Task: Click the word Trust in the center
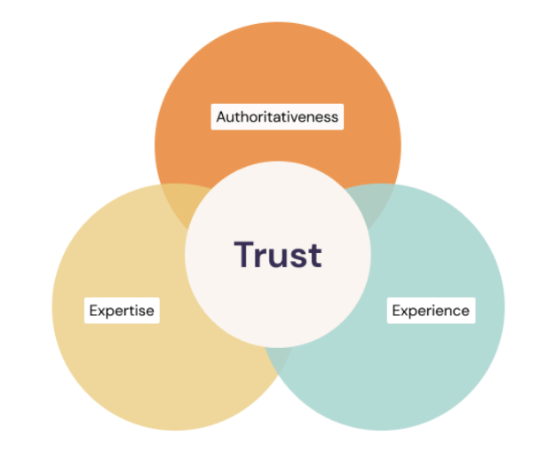[278, 255]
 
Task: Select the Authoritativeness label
[277, 116]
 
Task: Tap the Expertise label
[122, 311]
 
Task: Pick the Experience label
[431, 311]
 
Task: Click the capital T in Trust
[244, 254]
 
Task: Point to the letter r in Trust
[262, 257]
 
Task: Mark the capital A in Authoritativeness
[221, 116]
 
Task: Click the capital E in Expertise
[93, 311]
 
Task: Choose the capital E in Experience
[396, 311]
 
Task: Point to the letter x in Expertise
[102, 312]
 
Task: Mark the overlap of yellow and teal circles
[279, 359]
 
